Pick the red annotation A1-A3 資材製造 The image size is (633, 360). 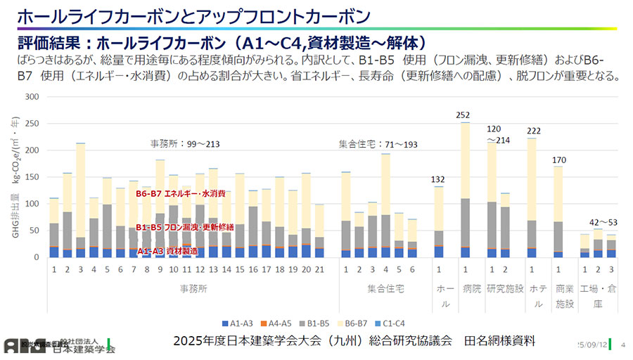(x=167, y=250)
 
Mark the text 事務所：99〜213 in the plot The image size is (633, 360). (x=185, y=144)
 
